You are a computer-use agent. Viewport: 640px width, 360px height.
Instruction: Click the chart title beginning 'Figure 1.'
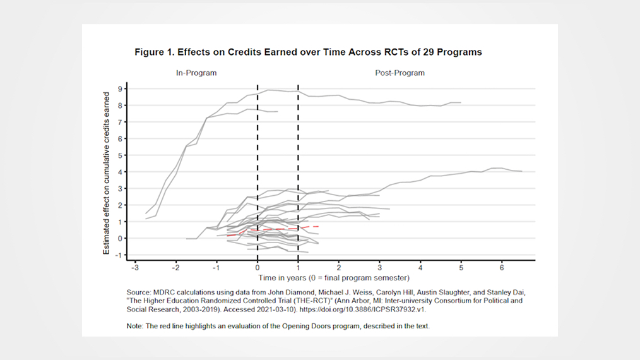[x=308, y=52]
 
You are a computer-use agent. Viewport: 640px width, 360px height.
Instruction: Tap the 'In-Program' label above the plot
[x=196, y=73]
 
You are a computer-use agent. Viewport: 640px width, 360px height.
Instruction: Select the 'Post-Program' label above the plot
[x=400, y=73]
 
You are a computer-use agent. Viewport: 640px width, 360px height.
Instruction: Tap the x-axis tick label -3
[x=134, y=268]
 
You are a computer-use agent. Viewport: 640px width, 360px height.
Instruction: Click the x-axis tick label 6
[x=502, y=268]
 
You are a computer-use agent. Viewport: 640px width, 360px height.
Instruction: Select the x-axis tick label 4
[x=420, y=268]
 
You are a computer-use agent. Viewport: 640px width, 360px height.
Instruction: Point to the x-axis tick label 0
[x=258, y=268]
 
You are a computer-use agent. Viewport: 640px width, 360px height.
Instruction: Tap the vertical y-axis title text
[x=106, y=172]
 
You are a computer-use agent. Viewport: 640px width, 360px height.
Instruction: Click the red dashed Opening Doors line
[x=278, y=229]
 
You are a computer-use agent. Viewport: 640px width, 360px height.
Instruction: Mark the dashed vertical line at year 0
[x=258, y=158]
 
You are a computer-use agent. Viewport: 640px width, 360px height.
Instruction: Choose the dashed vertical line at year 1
[x=298, y=158]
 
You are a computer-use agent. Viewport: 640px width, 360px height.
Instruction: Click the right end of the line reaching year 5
[x=461, y=102]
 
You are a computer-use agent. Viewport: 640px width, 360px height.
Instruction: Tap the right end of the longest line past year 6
[x=521, y=171]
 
